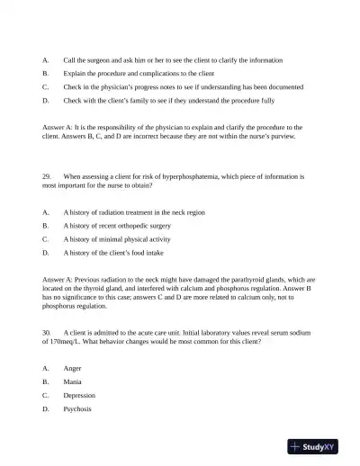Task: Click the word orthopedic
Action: click(139, 226)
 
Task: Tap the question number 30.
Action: click(46, 332)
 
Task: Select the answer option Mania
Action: click(73, 382)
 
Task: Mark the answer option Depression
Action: click(79, 396)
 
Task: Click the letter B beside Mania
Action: click(45, 382)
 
